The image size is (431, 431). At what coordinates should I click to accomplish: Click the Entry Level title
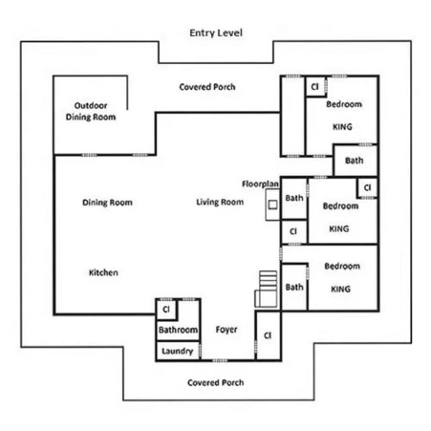point(216,32)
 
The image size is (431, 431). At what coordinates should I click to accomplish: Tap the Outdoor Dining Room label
point(91,111)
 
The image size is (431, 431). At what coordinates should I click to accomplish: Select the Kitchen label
point(103,272)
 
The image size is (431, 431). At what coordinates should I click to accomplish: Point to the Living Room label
point(220,202)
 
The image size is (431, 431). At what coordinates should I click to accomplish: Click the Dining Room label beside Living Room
point(107,203)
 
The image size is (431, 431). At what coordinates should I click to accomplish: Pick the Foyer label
point(226,330)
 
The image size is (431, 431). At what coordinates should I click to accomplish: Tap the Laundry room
point(178,351)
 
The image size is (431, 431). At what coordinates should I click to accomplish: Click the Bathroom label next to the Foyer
point(178,330)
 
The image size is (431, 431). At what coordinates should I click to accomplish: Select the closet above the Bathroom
point(166,310)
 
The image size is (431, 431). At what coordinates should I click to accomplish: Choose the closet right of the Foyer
point(269,335)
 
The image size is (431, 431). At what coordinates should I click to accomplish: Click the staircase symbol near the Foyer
point(266,289)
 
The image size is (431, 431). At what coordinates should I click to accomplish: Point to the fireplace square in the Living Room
point(272,205)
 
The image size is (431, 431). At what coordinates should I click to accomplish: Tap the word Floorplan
point(260,183)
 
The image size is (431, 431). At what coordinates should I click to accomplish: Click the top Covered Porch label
point(207,87)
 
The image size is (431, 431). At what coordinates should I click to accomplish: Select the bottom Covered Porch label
point(216,382)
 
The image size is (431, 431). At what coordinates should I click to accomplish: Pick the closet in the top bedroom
point(315,87)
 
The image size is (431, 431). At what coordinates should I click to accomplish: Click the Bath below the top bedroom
point(355,161)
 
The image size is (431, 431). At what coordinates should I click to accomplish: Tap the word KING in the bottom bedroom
point(340,289)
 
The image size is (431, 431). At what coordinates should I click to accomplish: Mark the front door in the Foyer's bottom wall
point(220,360)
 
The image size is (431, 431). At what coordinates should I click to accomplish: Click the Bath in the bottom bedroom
point(294,288)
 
